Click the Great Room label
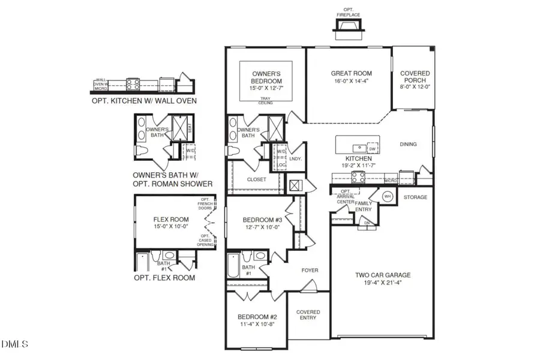coord(348,74)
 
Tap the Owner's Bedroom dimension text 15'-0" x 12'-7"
coord(266,88)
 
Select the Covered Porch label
coord(415,77)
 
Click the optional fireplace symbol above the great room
coord(347,26)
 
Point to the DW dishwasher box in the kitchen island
coord(372,149)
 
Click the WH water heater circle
coord(388,197)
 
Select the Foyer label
coord(310,271)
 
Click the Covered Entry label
coord(308,315)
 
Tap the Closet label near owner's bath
coord(256,179)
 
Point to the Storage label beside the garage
coord(415,197)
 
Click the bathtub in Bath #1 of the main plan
coord(233,265)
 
